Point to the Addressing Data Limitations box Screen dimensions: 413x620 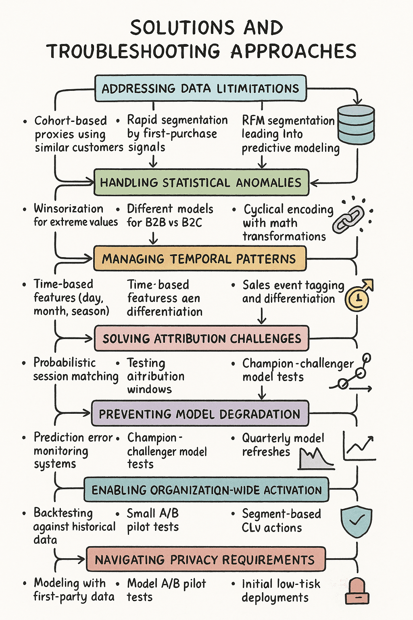200,88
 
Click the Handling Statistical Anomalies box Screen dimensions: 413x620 201,182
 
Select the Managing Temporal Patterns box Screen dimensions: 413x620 200,258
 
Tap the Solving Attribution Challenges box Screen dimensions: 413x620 202,338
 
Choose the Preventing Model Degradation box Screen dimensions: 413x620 200,413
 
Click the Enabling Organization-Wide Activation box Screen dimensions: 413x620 206,490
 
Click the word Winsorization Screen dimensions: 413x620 69,209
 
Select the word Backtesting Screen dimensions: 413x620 63,513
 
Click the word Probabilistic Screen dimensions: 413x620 65,362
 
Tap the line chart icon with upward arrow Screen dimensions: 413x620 359,446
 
